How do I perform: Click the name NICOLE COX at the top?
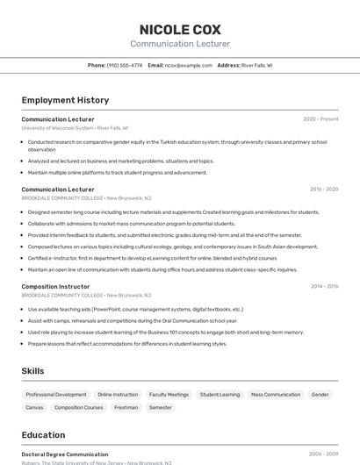pos(180,29)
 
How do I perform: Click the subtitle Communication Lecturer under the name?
pos(180,44)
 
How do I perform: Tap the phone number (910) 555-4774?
pos(125,65)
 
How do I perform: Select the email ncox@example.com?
pos(189,65)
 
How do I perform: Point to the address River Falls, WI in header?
pos(256,65)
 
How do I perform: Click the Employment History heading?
pos(65,100)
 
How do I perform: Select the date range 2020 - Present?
pos(320,119)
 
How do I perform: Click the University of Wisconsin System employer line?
pos(75,128)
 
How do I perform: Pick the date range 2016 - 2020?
pos(324,190)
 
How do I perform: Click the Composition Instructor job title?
pos(55,287)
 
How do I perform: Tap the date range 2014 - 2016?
pos(324,287)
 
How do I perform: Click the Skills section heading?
pos(32,371)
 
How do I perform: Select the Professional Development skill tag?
pos(56,395)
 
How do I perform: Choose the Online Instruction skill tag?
pos(118,395)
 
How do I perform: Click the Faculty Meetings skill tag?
pos(169,395)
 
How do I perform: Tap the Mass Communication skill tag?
pos(276,395)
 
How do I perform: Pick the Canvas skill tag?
pos(34,408)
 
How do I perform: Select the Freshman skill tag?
pos(126,408)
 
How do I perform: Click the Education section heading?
pos(43,435)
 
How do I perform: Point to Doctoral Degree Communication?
pos(65,454)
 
